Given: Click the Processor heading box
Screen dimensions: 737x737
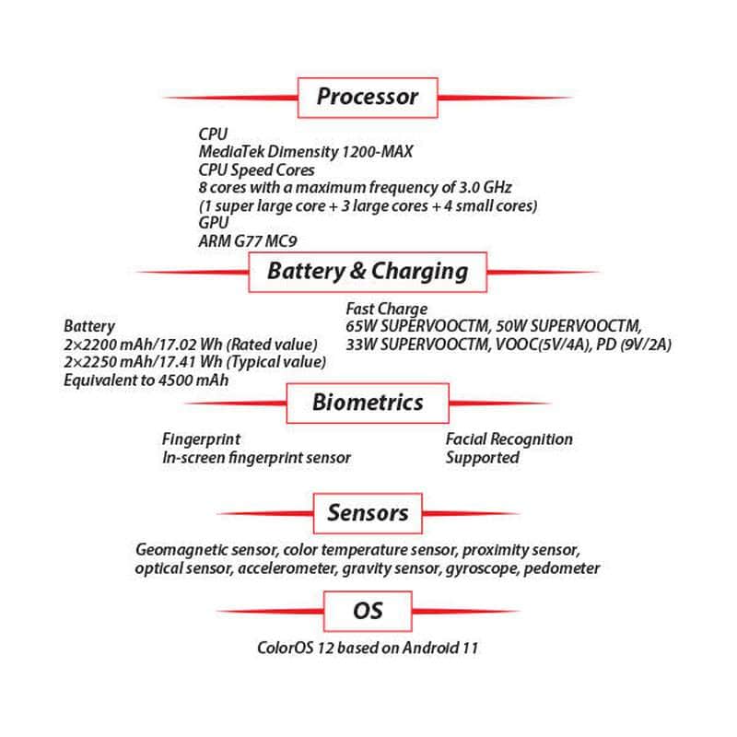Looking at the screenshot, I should pyautogui.click(x=367, y=97).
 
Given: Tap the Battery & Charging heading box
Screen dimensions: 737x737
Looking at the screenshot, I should pyautogui.click(x=367, y=272).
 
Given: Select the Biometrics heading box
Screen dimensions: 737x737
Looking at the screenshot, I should pyautogui.click(x=368, y=403).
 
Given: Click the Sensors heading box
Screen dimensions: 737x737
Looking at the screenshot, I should pyautogui.click(x=368, y=513).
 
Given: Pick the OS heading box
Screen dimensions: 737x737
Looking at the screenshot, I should pyautogui.click(x=368, y=611).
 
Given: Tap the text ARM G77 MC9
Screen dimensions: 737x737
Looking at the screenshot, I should pyautogui.click(x=247, y=240).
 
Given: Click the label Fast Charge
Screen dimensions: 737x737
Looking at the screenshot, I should pyautogui.click(x=386, y=309).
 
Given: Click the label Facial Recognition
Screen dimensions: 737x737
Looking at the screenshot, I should pyautogui.click(x=509, y=439).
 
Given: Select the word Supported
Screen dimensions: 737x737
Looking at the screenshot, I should pyautogui.click(x=482, y=457).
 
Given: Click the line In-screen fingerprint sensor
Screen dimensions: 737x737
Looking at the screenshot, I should pyautogui.click(x=256, y=457).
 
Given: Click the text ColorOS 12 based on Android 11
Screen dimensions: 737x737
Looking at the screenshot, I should pyautogui.click(x=368, y=648).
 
